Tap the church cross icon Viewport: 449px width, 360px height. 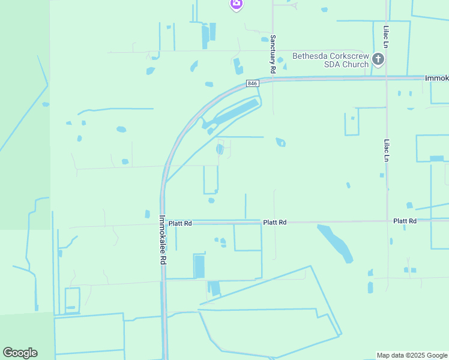point(378,59)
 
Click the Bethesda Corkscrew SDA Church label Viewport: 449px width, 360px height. point(330,60)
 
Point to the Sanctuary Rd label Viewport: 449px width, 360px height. point(273,54)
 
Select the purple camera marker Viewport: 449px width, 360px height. point(237,4)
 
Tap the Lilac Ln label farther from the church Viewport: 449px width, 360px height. point(387,151)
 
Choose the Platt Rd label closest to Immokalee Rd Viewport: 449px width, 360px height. point(179,223)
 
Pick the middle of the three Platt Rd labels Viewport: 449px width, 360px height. point(274,223)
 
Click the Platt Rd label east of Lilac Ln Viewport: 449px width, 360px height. point(405,221)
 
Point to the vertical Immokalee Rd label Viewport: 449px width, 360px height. point(163,240)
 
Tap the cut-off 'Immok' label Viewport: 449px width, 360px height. point(436,79)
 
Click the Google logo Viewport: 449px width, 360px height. point(20,352)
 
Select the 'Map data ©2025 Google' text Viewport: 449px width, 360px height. point(412,355)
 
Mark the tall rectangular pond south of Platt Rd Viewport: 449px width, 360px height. point(199,266)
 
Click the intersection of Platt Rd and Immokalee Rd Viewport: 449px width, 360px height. point(163,223)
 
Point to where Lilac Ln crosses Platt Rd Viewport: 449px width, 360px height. point(387,221)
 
